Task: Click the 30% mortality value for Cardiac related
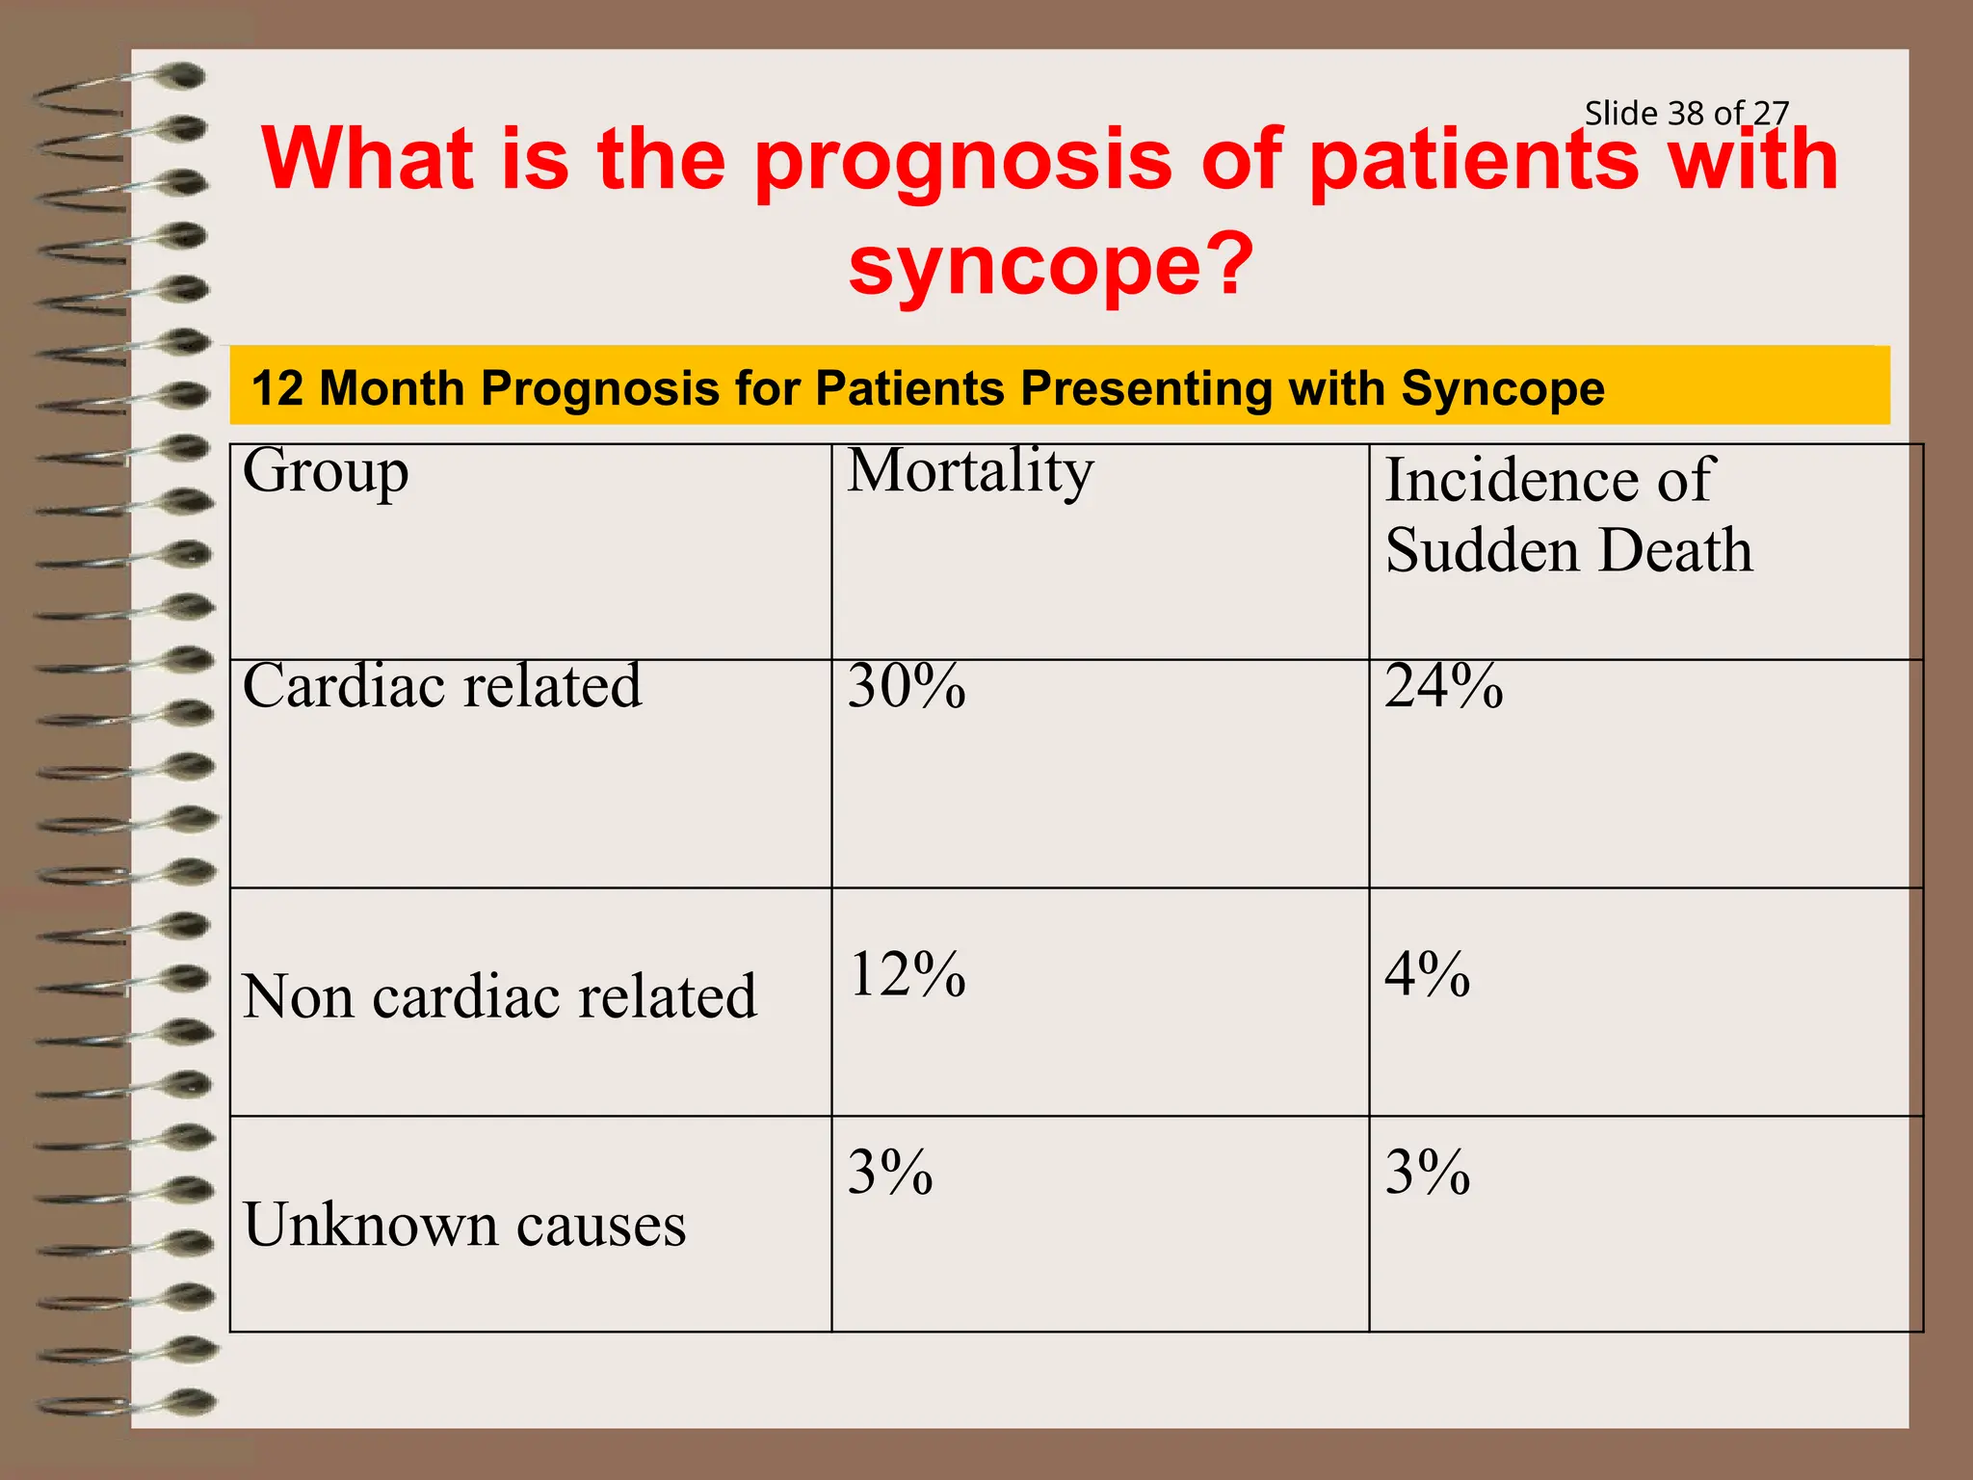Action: pyautogui.click(x=907, y=687)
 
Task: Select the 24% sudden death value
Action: pyautogui.click(x=1443, y=687)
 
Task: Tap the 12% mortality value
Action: pyautogui.click(x=907, y=974)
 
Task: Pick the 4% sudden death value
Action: pyautogui.click(x=1427, y=974)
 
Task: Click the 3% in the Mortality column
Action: pyautogui.click(x=890, y=1173)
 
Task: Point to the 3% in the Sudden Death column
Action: pyautogui.click(x=1427, y=1173)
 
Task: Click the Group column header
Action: pyautogui.click(x=326, y=472)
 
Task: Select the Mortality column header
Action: pyautogui.click(x=970, y=472)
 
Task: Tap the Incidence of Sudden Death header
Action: pyautogui.click(x=1567, y=515)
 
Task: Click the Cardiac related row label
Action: pyautogui.click(x=441, y=687)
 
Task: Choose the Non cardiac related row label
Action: pyautogui.click(x=499, y=996)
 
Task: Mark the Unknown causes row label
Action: pyautogui.click(x=464, y=1225)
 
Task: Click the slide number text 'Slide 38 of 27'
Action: pyautogui.click(x=1686, y=114)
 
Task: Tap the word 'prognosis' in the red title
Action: pyautogui.click(x=963, y=160)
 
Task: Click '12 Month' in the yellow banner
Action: pyautogui.click(x=356, y=388)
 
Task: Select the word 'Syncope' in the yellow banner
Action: pyautogui.click(x=1503, y=388)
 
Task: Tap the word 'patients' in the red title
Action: pyautogui.click(x=1474, y=160)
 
